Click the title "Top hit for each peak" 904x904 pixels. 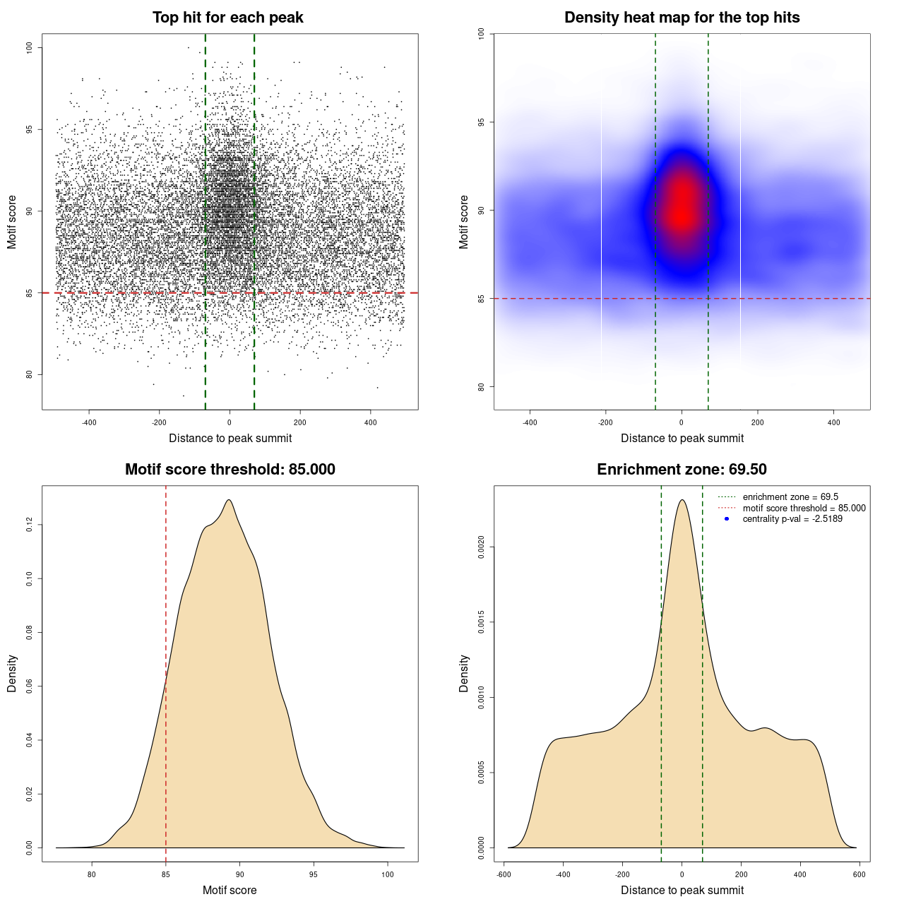coord(227,18)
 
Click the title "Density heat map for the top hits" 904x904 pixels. coord(682,18)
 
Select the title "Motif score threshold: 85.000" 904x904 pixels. coord(230,470)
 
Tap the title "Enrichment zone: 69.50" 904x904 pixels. coord(682,470)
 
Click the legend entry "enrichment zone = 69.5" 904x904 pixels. coord(790,497)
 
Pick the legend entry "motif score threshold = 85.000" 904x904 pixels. coord(804,508)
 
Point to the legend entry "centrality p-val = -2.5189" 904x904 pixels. coord(792,519)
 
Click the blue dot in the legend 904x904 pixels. coord(727,519)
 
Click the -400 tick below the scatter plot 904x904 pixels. coord(89,422)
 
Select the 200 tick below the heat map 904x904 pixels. coord(758,422)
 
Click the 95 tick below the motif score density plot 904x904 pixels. coord(314,874)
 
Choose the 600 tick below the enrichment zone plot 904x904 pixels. coord(859,874)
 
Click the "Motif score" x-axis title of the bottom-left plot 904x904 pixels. coord(230,890)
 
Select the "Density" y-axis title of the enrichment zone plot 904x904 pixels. coord(464,673)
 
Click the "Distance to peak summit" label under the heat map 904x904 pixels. coord(682,438)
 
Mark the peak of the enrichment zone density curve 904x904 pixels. coord(682,500)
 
